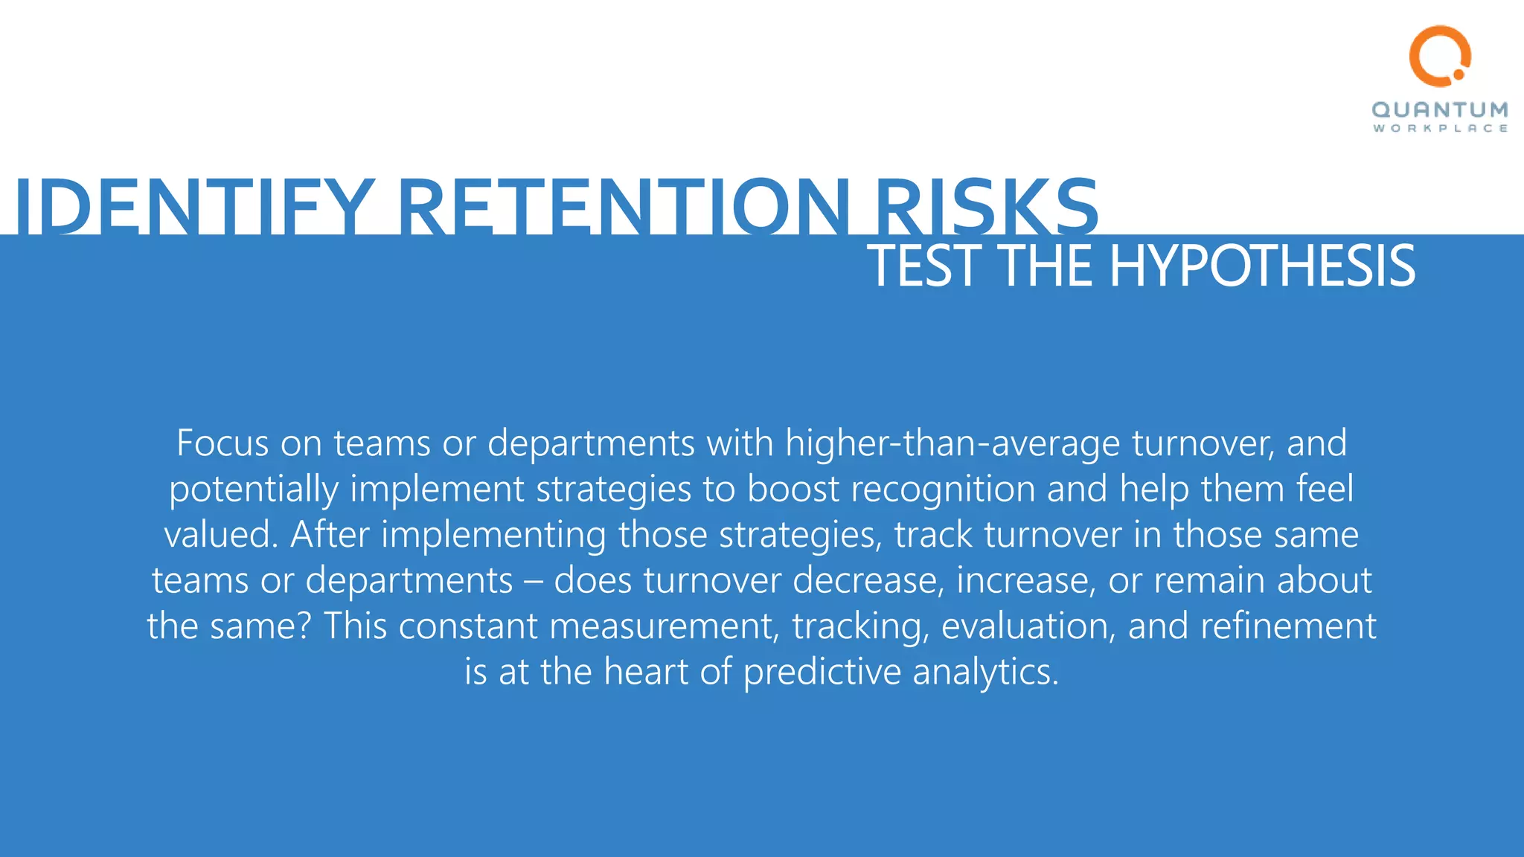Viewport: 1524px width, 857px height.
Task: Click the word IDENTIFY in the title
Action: pyautogui.click(x=193, y=206)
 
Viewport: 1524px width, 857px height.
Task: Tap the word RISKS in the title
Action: pyautogui.click(x=986, y=206)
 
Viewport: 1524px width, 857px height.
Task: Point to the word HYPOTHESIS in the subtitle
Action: pyautogui.click(x=1262, y=266)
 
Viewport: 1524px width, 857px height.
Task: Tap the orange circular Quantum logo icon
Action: pyautogui.click(x=1440, y=56)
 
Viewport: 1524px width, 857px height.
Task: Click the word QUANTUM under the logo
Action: pyautogui.click(x=1440, y=110)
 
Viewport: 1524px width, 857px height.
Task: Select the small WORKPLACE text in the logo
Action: pyautogui.click(x=1440, y=129)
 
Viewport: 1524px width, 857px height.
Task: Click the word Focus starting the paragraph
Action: pyautogui.click(x=222, y=443)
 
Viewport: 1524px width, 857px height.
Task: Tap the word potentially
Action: pyautogui.click(x=254, y=490)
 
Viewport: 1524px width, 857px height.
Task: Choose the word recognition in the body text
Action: pyautogui.click(x=943, y=490)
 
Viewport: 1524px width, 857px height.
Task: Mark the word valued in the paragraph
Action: pyautogui.click(x=220, y=535)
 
